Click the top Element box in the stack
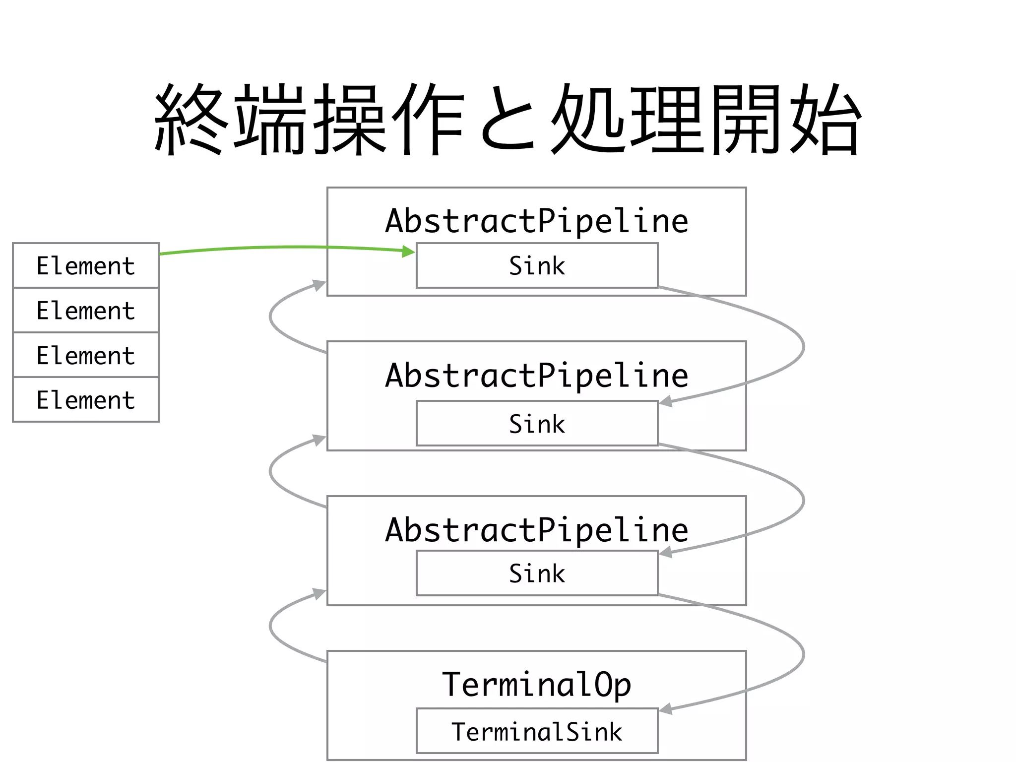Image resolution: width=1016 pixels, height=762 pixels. tap(85, 265)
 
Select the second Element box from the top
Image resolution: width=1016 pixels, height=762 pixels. tap(85, 310)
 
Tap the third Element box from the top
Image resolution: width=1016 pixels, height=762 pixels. tap(85, 355)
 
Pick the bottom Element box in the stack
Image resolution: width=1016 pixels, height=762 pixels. tap(85, 399)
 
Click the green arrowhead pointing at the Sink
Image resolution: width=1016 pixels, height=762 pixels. tap(409, 252)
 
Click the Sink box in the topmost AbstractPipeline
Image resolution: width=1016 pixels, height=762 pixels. tap(537, 265)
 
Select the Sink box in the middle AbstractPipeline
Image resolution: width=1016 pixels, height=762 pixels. tap(537, 423)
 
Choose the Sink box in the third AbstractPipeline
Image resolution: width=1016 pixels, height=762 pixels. tap(537, 573)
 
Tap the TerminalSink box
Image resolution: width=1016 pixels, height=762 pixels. tap(537, 731)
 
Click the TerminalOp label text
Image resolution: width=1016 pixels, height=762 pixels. tap(537, 685)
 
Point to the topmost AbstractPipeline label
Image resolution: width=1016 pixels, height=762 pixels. tap(537, 221)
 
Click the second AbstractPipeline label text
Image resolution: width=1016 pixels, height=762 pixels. tap(537, 375)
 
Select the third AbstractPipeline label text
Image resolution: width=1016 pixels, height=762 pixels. tap(537, 529)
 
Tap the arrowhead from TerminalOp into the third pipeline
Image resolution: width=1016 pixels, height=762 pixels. tap(319, 594)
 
